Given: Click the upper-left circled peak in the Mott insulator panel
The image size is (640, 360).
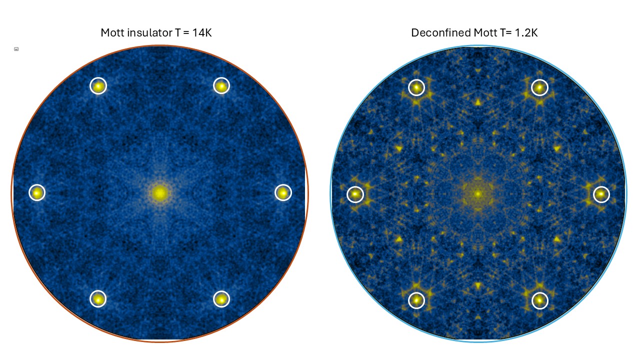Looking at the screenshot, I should click(x=98, y=86).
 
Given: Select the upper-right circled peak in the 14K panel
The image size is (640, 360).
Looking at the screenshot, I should click(x=221, y=86).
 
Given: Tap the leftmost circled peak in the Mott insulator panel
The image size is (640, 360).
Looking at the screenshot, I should click(x=37, y=192).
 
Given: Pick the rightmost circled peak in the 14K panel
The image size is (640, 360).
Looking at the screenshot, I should click(x=283, y=192).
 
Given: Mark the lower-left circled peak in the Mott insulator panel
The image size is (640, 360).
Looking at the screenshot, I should click(x=98, y=299).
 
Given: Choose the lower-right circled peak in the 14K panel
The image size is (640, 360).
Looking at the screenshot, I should click(x=221, y=299).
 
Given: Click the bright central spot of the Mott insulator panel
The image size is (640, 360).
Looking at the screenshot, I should click(x=159, y=193).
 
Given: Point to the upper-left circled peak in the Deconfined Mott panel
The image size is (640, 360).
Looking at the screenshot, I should click(x=416, y=87).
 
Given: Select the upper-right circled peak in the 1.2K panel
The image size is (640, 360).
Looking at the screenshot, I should click(x=539, y=87).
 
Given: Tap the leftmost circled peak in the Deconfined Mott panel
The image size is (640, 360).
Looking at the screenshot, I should click(x=355, y=194).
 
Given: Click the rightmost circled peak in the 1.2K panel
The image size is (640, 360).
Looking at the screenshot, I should click(x=601, y=194).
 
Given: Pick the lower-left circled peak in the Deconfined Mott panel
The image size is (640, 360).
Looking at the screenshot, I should click(x=416, y=300).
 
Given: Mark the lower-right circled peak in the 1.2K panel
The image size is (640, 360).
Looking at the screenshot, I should click(x=539, y=300).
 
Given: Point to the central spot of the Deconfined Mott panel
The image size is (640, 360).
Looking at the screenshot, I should click(x=478, y=193).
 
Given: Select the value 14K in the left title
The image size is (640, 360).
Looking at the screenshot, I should click(x=205, y=33).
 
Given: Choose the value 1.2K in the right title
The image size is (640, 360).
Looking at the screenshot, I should click(x=525, y=33).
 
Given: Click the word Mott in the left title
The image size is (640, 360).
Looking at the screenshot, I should click(x=112, y=33).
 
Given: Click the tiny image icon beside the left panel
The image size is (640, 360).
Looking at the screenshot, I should click(x=16, y=49).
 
